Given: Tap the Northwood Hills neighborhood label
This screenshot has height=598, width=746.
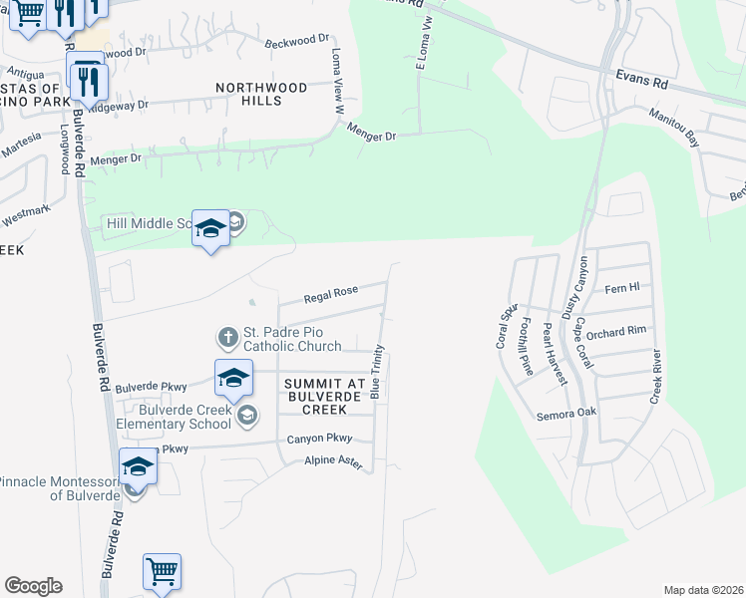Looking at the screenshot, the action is coord(261,94).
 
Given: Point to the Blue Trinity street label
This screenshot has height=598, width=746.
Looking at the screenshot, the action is coord(377,373).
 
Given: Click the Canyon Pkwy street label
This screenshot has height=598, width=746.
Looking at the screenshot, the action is coord(319,438).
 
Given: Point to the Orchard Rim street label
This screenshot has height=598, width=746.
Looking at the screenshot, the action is coord(616,332).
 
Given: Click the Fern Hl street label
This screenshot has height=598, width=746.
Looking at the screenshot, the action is coord(621,289).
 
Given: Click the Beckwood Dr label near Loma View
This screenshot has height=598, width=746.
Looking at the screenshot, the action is coord(296,41).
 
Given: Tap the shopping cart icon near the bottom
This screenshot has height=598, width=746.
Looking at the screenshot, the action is coord(162,572).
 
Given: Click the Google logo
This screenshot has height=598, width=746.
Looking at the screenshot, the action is coord(33,586).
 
